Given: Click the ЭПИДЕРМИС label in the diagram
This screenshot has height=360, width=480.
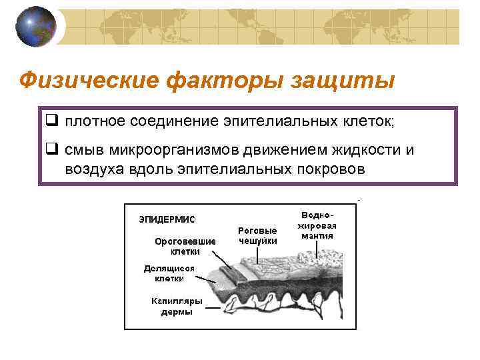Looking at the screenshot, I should (x=167, y=219).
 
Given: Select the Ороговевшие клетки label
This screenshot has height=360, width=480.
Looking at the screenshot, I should (x=185, y=247).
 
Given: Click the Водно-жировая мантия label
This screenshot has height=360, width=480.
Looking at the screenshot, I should (x=318, y=225).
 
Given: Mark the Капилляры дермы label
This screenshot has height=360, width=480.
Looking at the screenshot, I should (x=177, y=307).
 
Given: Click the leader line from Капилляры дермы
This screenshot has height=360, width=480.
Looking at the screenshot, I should (x=213, y=307).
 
